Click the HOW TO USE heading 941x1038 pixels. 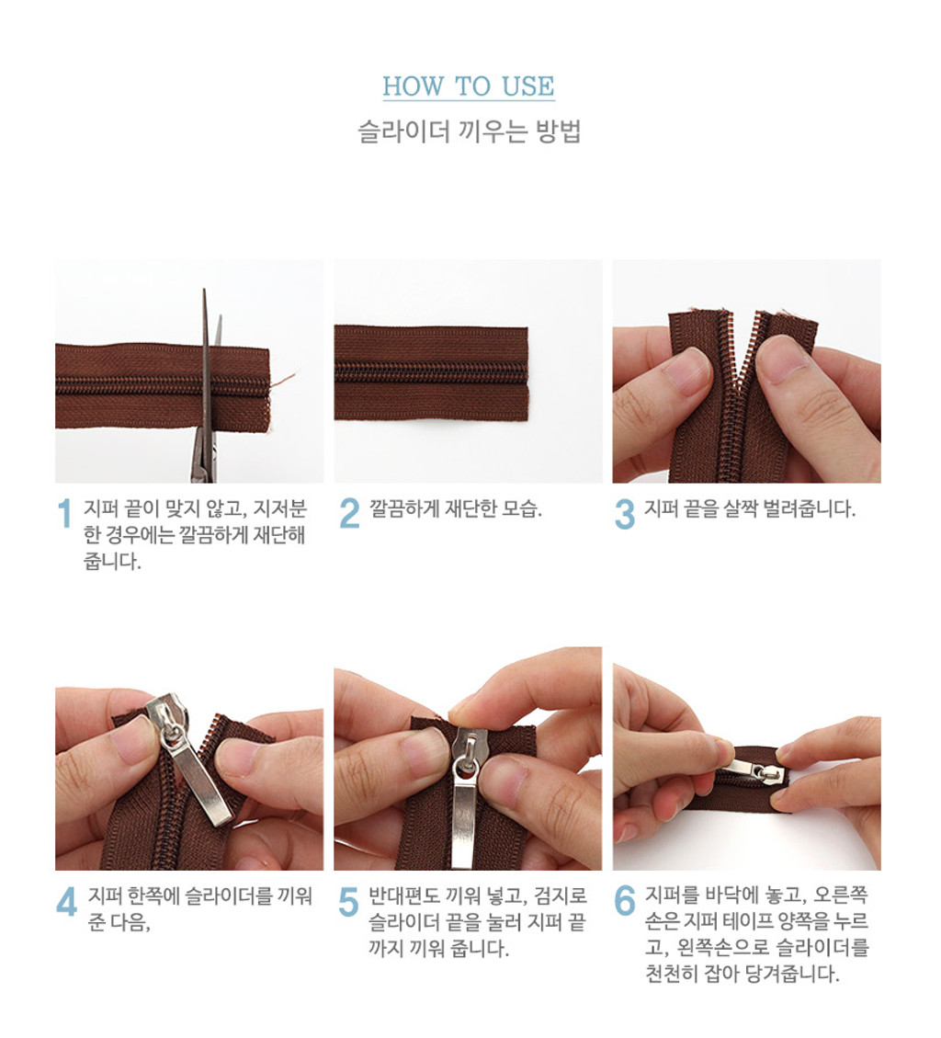(x=469, y=86)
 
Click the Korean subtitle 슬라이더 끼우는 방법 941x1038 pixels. (x=470, y=131)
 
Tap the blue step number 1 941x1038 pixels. (x=64, y=514)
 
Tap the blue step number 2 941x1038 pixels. (x=349, y=514)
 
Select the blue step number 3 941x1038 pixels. (x=625, y=514)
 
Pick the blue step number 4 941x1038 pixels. (x=66, y=901)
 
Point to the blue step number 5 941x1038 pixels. (x=348, y=901)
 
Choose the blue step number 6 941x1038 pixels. (x=625, y=901)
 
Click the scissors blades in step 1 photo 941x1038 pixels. (x=208, y=384)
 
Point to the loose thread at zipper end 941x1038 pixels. (x=281, y=384)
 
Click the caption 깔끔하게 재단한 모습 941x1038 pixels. (x=456, y=508)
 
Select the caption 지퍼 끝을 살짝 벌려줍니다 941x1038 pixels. (x=750, y=508)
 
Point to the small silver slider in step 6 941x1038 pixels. (x=756, y=770)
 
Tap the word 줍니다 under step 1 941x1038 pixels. (x=112, y=562)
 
